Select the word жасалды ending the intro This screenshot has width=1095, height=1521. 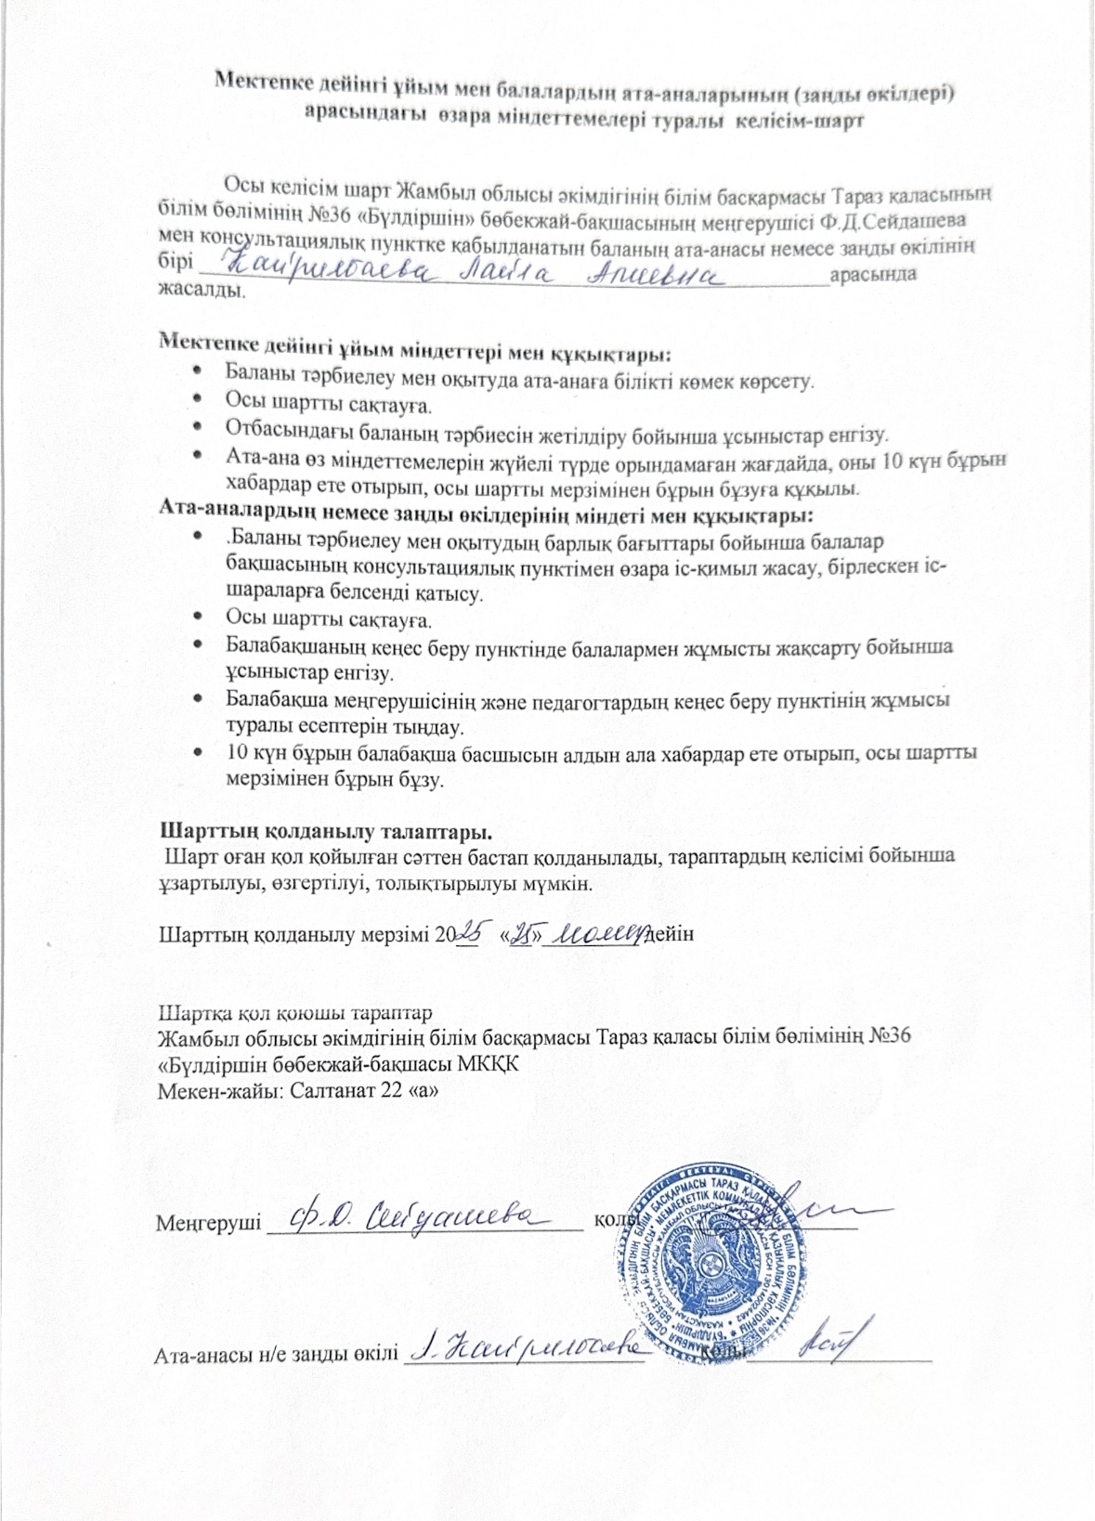point(202,290)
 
